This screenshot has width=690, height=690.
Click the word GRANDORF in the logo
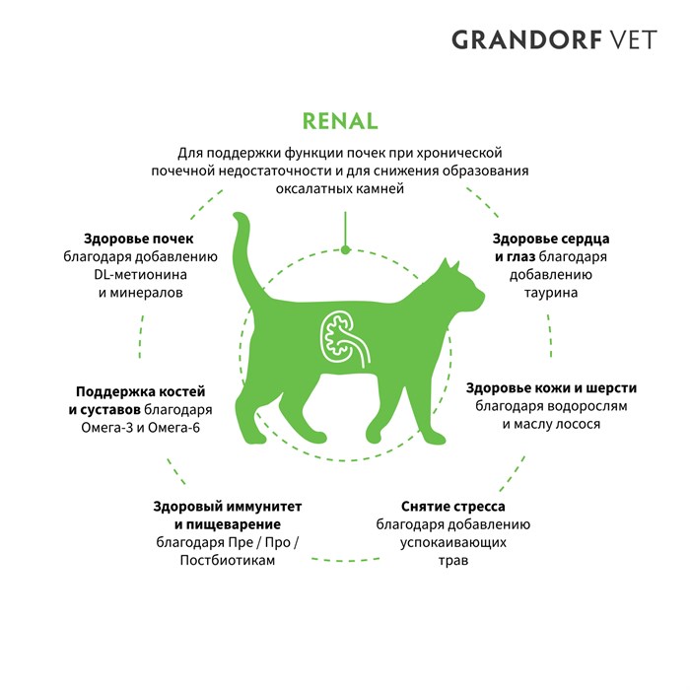[526, 39]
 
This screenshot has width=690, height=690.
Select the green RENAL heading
[340, 121]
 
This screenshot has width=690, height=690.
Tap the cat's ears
[450, 265]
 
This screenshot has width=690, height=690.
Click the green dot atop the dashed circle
[345, 250]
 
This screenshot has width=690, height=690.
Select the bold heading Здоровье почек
[139, 239]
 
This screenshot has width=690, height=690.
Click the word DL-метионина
[140, 275]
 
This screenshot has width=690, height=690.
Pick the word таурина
[550, 293]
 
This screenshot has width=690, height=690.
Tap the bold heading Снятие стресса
[452, 506]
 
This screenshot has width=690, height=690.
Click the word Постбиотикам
[228, 560]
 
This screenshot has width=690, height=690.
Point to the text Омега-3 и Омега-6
[140, 427]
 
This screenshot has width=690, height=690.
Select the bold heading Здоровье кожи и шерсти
[551, 388]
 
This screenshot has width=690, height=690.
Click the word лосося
[578, 424]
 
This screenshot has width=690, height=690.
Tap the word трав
[452, 561]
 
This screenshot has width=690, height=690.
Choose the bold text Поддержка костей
[140, 391]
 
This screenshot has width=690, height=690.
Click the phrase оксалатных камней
[340, 189]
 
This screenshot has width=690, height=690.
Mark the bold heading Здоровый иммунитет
[228, 506]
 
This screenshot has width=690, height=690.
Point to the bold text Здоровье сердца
[551, 239]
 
